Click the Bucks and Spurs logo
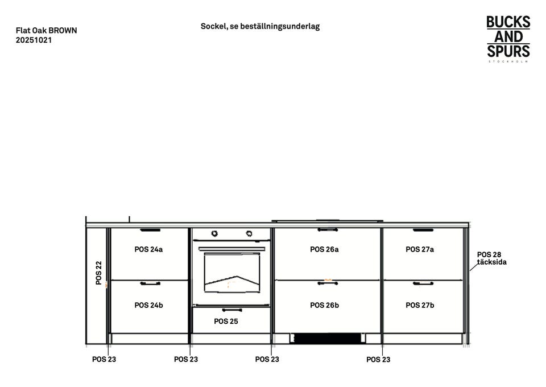508,38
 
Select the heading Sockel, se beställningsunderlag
260,26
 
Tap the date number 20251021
34,40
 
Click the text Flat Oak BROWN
46,31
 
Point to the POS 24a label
148,249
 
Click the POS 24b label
148,305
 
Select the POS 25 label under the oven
226,322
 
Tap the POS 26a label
324,249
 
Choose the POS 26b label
324,305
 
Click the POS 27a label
420,249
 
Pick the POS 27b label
420,305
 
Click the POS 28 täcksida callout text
491,258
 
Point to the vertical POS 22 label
99,273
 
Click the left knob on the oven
215,233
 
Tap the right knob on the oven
249,233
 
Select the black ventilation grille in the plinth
327,339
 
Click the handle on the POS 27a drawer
423,230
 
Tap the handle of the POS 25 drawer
232,310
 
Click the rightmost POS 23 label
378,360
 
